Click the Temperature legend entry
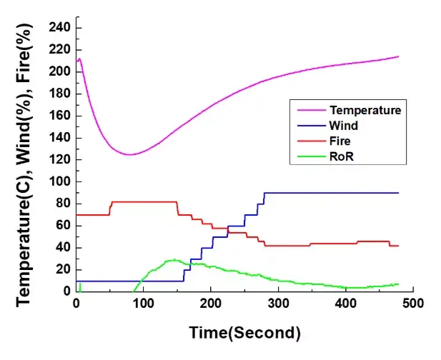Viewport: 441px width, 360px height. click(365, 110)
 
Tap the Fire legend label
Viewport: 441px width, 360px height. click(340, 139)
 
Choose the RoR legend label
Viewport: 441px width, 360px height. click(341, 154)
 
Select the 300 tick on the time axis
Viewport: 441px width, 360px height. click(277, 303)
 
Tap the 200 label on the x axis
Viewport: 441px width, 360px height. click(210, 303)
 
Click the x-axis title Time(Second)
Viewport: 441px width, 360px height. click(244, 332)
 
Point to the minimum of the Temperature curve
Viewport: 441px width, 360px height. click(129, 154)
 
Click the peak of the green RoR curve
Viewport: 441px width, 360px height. click(172, 260)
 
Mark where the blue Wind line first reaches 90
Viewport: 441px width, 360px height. click(264, 193)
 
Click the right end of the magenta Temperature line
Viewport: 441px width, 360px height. click(398, 56)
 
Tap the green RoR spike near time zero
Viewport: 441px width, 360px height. click(80, 286)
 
